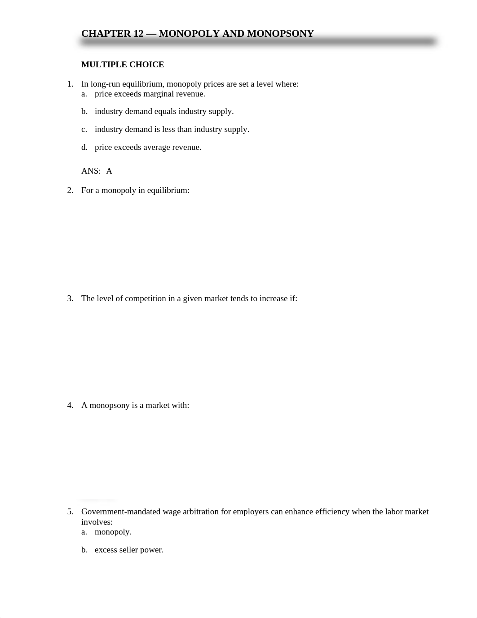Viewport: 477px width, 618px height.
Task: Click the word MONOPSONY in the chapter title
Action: (280, 34)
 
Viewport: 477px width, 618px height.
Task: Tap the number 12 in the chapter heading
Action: (138, 34)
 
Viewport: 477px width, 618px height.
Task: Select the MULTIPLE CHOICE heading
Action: (123, 65)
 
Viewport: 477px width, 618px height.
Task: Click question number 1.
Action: (70, 84)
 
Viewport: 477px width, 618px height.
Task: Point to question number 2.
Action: (70, 190)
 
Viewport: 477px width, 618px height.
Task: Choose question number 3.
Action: (70, 298)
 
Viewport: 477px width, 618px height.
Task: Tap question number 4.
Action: (70, 405)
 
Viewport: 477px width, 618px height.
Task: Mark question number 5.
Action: (70, 512)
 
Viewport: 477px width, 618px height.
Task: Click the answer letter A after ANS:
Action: (109, 171)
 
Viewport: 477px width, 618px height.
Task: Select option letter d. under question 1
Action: (84, 147)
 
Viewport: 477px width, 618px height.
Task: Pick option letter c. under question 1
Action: (84, 129)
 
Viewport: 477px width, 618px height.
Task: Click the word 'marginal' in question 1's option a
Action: (159, 94)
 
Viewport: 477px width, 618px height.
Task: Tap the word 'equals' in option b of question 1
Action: (165, 111)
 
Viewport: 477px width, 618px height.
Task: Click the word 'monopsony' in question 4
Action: (110, 405)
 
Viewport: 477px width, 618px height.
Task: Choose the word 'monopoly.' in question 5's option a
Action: (113, 532)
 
